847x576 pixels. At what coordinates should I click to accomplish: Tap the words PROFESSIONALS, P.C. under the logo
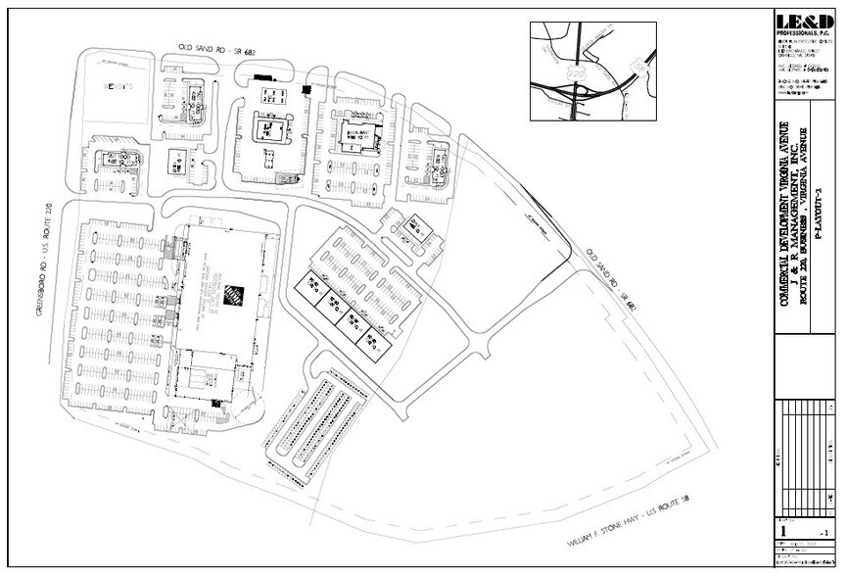(x=798, y=33)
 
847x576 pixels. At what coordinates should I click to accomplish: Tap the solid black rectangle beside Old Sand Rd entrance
(x=261, y=75)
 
